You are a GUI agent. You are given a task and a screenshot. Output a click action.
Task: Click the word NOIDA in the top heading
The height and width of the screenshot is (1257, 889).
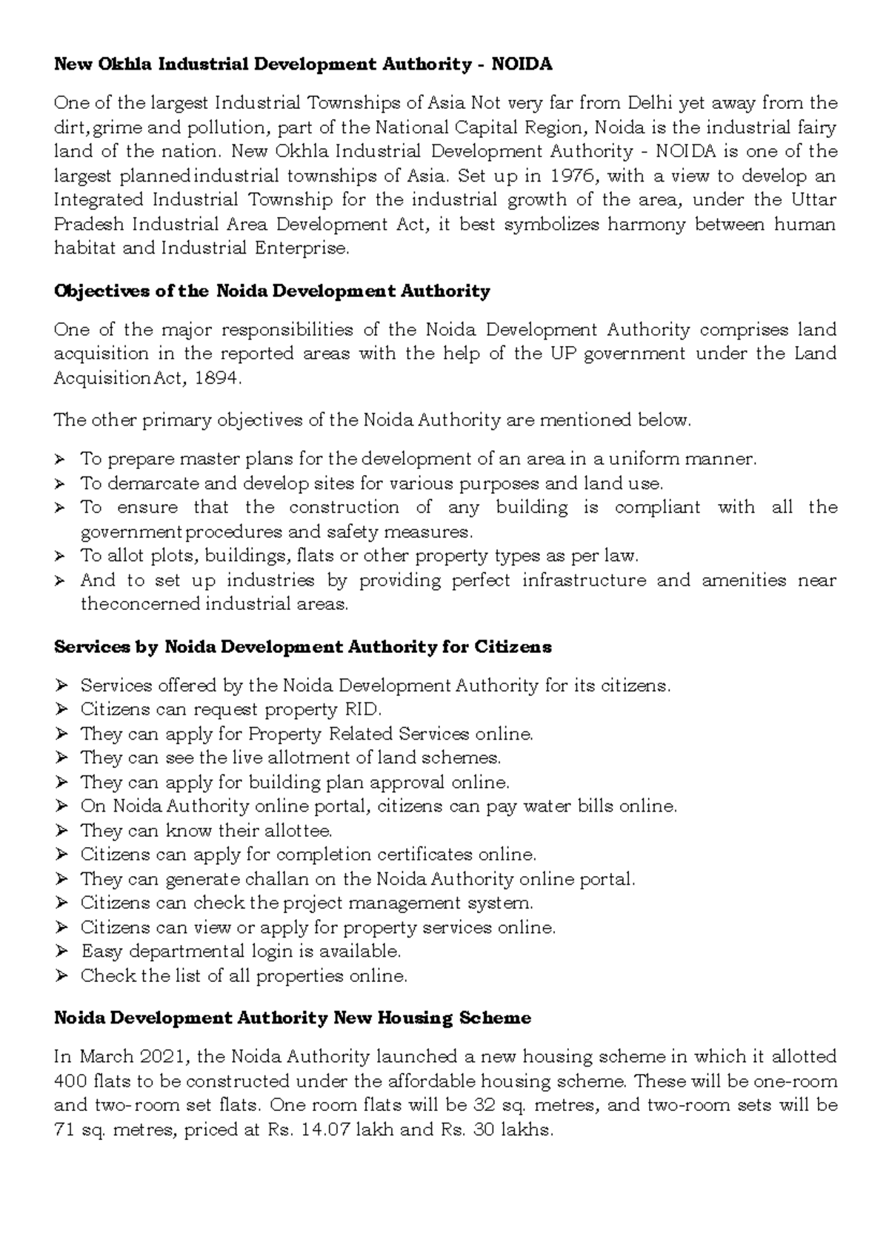coord(525,64)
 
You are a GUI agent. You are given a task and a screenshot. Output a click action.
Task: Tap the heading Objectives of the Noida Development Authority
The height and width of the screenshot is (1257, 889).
coord(272,291)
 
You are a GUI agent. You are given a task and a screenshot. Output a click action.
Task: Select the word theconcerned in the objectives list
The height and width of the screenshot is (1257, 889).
coord(140,605)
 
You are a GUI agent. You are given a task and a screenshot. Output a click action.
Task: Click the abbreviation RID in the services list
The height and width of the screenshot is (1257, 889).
coord(362,710)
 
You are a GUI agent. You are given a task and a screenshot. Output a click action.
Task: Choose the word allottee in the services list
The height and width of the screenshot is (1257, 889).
coord(294,831)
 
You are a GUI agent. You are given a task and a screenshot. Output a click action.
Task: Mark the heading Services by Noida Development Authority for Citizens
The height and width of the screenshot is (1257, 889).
coord(303,647)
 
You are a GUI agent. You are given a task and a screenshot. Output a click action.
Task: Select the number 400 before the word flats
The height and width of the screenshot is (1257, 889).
coord(70,1081)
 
